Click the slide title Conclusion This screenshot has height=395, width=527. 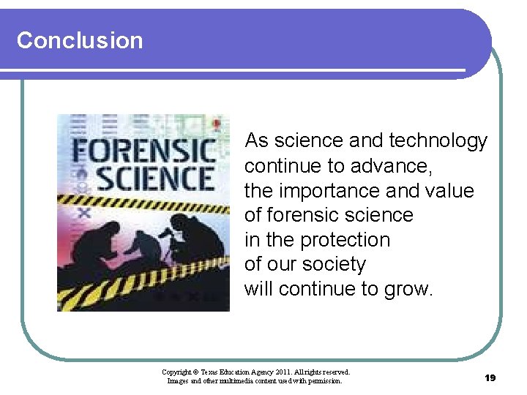pyautogui.click(x=80, y=40)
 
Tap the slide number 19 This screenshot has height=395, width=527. pyautogui.click(x=490, y=377)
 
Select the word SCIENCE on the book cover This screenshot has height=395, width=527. pyautogui.click(x=155, y=178)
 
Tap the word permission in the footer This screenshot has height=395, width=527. pyautogui.click(x=323, y=380)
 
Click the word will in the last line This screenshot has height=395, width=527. pyautogui.click(x=258, y=289)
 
